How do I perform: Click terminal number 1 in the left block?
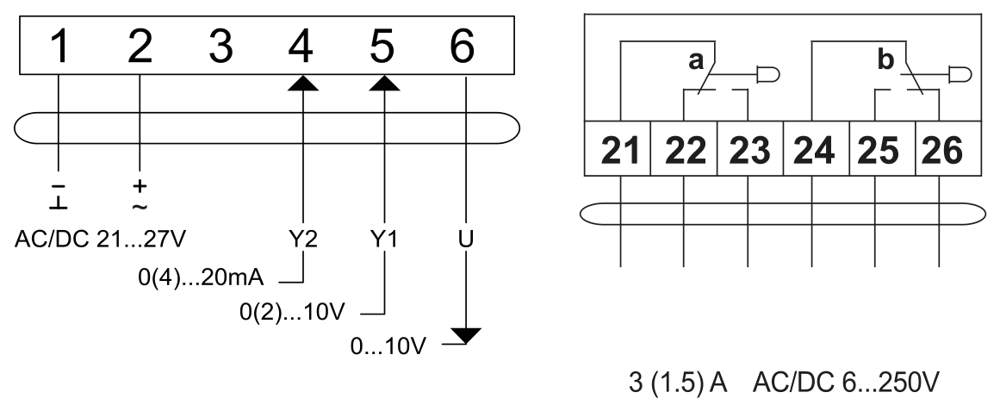(59, 47)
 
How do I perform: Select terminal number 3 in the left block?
(220, 47)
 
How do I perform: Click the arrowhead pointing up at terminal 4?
(302, 84)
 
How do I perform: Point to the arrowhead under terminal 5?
(384, 84)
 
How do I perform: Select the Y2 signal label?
(302, 240)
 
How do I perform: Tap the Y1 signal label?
(383, 240)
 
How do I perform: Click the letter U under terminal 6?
(466, 240)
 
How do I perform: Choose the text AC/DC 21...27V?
(100, 240)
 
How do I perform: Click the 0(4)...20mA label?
(201, 278)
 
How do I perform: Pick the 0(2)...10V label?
(292, 313)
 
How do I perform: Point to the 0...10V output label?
(388, 346)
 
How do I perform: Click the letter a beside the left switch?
(696, 61)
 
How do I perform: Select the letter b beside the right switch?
(885, 59)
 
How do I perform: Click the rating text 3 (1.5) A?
(678, 383)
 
